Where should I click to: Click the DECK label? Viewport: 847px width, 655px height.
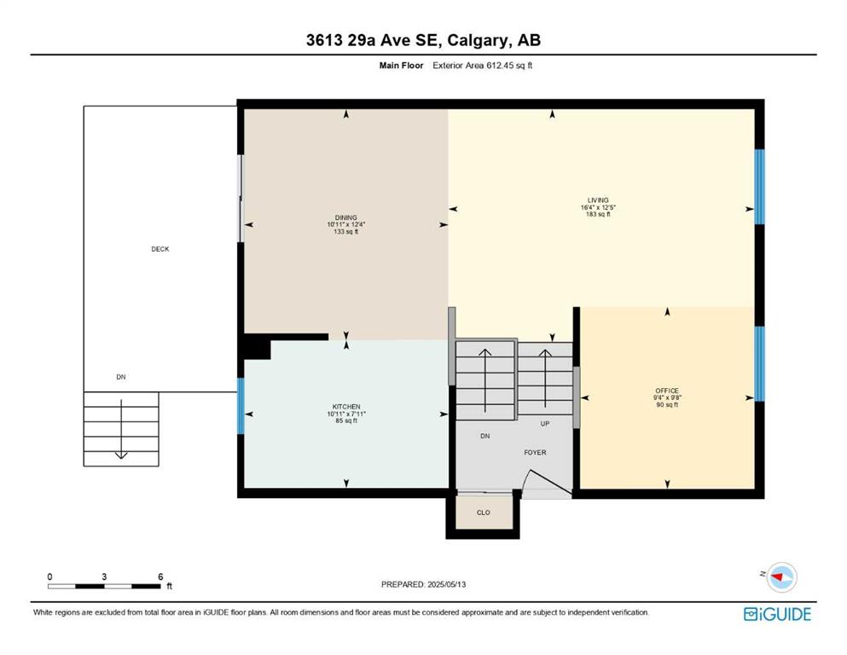160,249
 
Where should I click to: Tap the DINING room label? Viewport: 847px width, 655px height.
345,217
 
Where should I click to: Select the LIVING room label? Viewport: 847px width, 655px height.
598,200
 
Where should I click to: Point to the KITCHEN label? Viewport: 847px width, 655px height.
346,407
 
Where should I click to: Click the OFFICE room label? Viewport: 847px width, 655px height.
667,391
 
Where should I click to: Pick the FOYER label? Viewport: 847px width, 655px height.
535,453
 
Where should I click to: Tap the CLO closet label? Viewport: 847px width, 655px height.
484,513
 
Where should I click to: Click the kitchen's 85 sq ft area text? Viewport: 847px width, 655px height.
346,420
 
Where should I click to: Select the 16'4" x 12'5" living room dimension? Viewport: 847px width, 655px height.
598,206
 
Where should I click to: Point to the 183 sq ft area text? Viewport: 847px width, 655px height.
598,214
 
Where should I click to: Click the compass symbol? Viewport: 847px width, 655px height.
781,577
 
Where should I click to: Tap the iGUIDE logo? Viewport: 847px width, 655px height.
777,615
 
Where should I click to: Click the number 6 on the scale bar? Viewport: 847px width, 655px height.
160,577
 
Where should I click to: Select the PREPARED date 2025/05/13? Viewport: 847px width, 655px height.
447,584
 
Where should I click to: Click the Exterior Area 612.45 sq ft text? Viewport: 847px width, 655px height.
483,66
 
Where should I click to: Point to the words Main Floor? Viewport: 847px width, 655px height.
402,66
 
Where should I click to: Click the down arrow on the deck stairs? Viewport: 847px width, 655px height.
121,429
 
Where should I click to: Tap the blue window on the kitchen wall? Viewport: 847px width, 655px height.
241,406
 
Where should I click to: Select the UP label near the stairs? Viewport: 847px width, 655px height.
545,424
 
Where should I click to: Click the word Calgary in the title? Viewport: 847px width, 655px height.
478,40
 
